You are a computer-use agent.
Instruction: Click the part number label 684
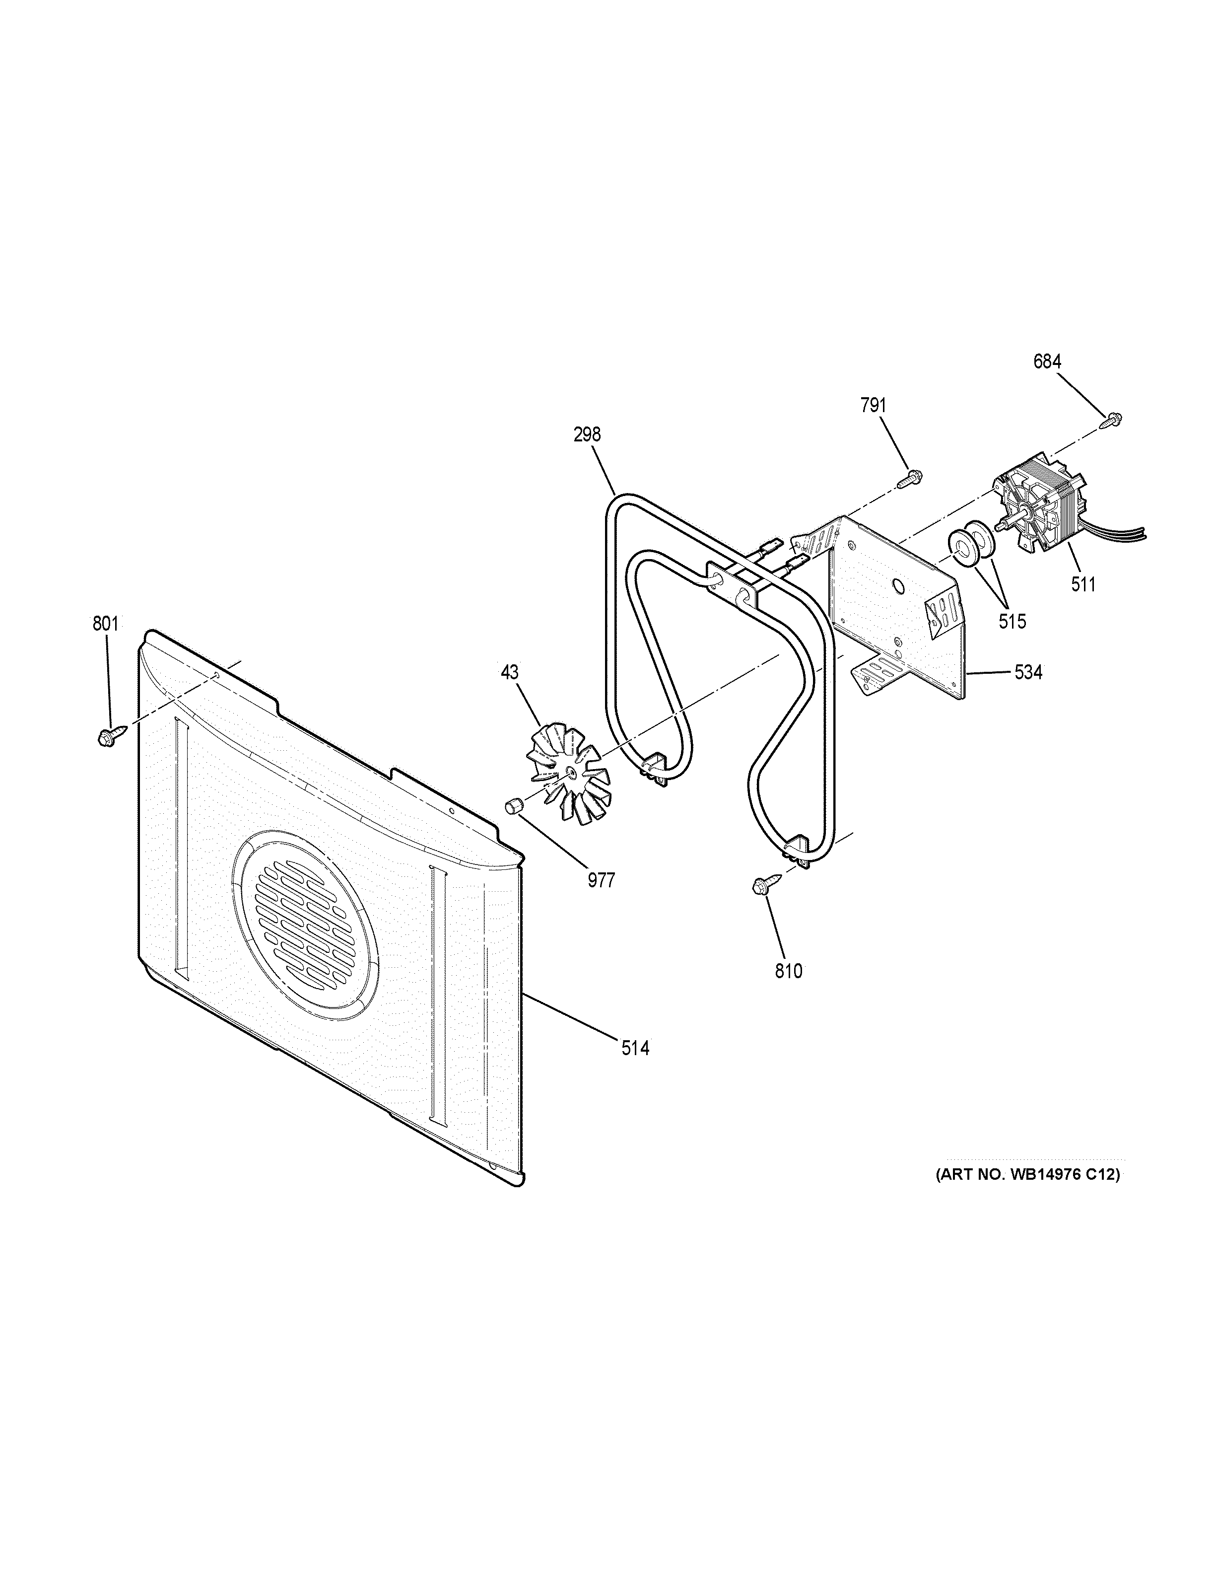click(x=1047, y=362)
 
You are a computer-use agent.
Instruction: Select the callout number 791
click(x=873, y=406)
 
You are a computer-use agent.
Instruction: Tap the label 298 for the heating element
click(x=587, y=435)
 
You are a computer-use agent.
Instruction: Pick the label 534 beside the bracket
click(x=1028, y=673)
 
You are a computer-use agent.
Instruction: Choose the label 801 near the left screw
click(x=105, y=624)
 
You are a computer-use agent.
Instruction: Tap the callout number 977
click(x=601, y=880)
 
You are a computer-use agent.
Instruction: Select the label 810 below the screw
click(x=788, y=972)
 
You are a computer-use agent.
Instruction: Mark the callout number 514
click(x=636, y=1049)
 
